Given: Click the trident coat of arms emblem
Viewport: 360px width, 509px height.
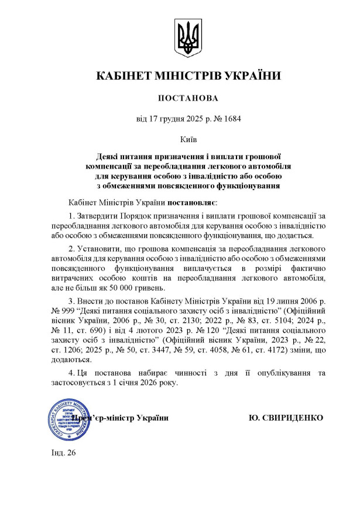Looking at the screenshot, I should [189, 39].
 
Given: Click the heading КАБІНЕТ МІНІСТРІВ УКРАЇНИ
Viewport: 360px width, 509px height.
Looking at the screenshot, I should [188, 75].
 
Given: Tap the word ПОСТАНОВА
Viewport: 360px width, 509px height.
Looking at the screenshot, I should [188, 98].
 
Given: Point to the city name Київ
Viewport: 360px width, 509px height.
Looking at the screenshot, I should [189, 140].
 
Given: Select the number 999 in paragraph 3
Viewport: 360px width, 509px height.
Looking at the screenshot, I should [76, 315].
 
